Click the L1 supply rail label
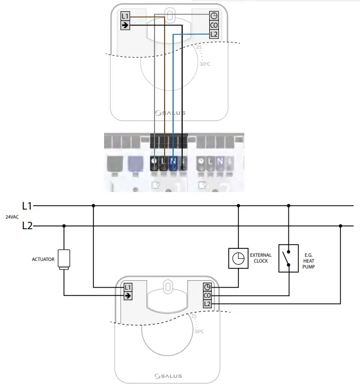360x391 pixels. [27, 205]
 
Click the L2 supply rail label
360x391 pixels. [27, 225]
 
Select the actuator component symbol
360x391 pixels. [64, 259]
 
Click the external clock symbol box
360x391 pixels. [238, 258]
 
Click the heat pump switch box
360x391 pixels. [289, 258]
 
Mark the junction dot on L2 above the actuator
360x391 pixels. [64, 225]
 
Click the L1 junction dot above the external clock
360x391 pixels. [238, 205]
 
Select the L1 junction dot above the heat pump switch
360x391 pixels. [289, 205]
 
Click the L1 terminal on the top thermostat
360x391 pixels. [125, 16]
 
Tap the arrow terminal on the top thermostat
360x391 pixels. [125, 25]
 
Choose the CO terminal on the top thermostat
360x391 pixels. [214, 25]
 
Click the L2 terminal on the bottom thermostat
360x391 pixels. [207, 303]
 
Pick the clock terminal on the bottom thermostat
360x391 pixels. [207, 287]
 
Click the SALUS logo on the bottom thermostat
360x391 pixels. [169, 376]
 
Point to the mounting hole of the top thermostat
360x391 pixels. [169, 15]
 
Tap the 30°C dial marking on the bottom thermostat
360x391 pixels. [199, 332]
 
